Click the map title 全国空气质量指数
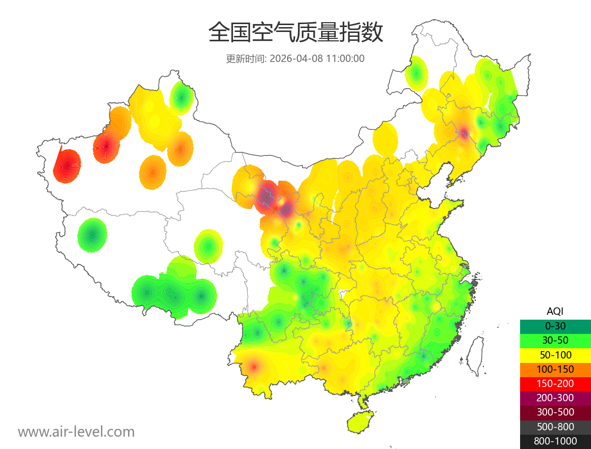[x=295, y=33]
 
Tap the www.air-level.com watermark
[x=76, y=432]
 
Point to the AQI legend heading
[x=555, y=311]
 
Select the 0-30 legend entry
[x=555, y=326]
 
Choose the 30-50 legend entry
[x=555, y=340]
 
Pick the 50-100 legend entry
[x=555, y=355]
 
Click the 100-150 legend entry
[x=555, y=369]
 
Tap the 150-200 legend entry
[x=555, y=384]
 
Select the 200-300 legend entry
[x=555, y=398]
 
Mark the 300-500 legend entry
[x=555, y=412]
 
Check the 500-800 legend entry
[x=555, y=427]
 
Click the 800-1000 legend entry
[x=555, y=441]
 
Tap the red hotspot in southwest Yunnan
[x=254, y=366]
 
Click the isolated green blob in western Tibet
[x=92, y=235]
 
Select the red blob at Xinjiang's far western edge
[x=67, y=166]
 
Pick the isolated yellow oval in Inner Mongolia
[x=385, y=138]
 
